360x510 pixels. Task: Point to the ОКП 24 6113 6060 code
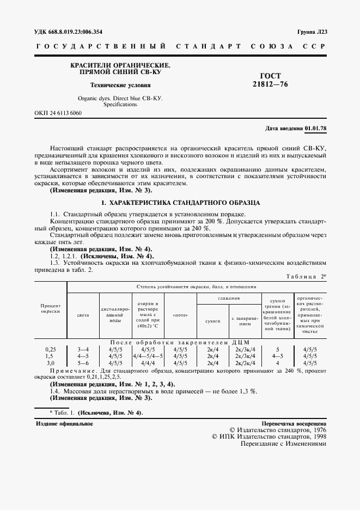click(x=58, y=113)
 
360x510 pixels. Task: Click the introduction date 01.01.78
click(x=315, y=129)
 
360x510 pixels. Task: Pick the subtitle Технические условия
click(x=120, y=86)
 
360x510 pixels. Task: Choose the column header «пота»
click(x=180, y=315)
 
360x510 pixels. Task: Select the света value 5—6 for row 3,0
click(x=83, y=362)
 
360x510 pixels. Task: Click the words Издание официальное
click(x=64, y=423)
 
